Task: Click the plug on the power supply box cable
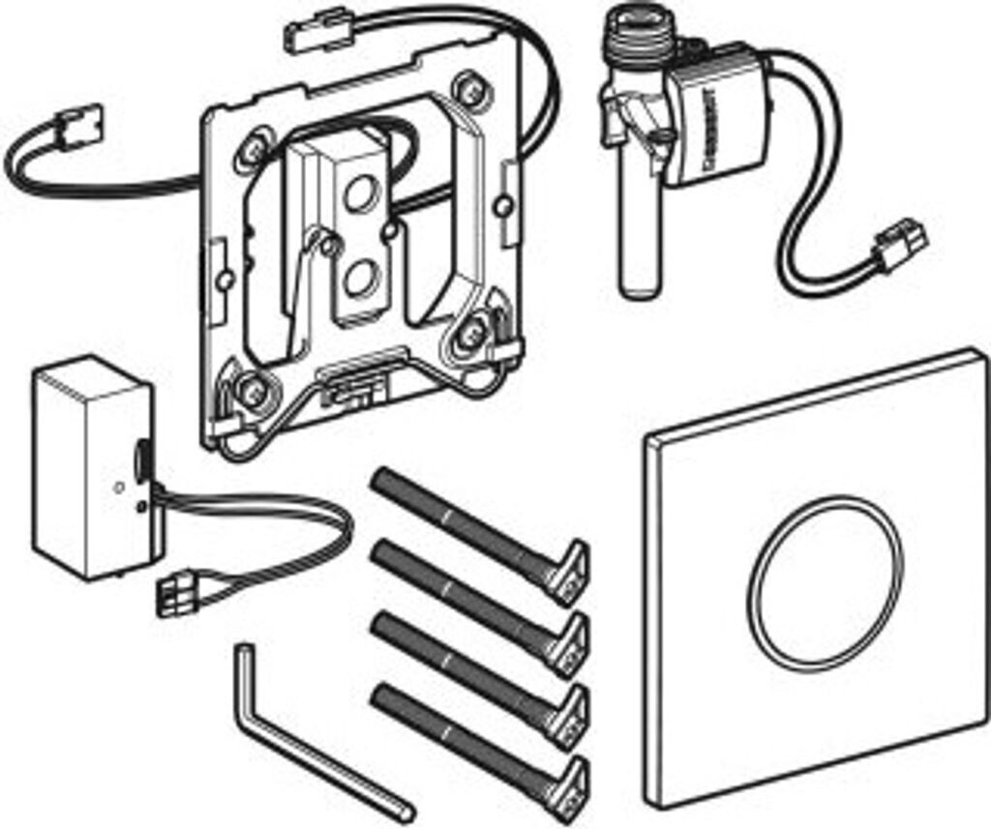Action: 178,592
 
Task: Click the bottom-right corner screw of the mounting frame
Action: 472,334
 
